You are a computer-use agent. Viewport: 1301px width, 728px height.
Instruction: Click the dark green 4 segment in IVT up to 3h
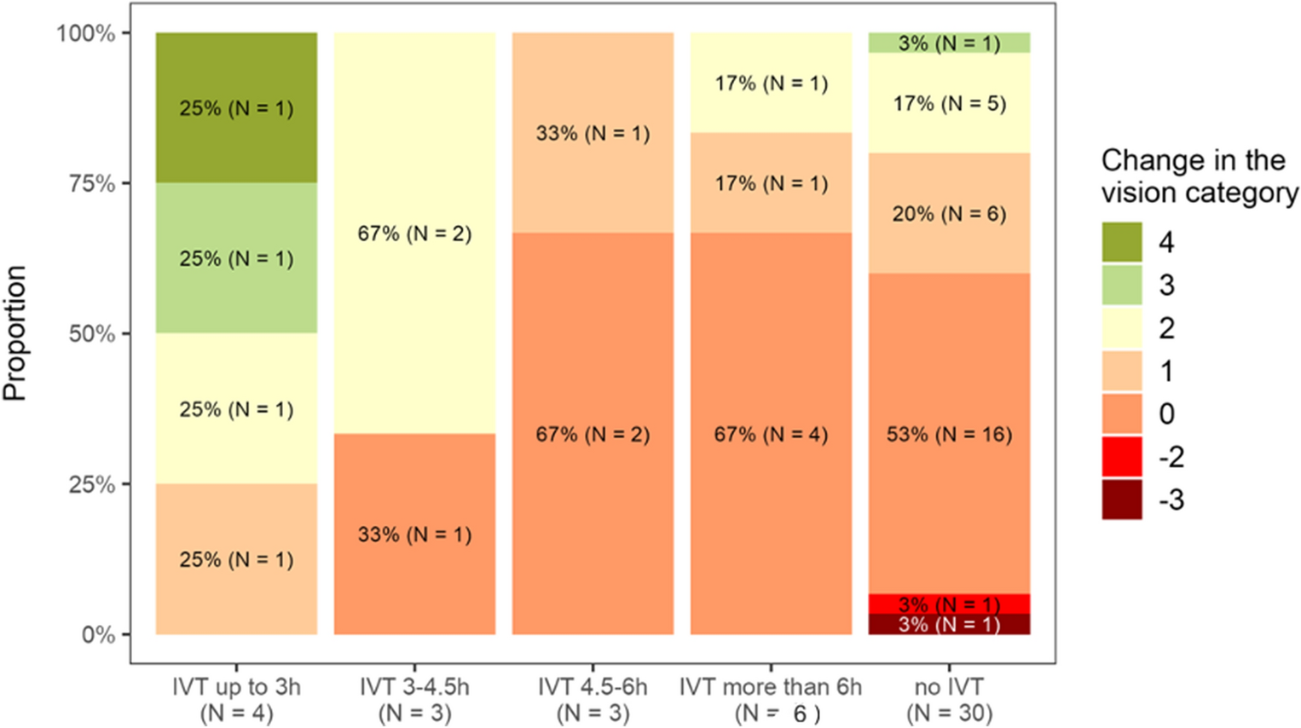coord(236,107)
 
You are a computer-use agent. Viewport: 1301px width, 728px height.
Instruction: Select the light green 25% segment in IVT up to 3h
coord(236,257)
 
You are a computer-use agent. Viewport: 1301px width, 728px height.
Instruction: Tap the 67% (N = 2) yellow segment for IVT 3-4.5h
coord(414,233)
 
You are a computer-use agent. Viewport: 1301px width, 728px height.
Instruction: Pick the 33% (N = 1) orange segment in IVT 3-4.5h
coord(414,534)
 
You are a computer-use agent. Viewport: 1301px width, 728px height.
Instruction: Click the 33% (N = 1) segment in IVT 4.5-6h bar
coord(593,133)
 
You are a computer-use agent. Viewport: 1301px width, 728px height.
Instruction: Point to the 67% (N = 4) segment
coord(771,434)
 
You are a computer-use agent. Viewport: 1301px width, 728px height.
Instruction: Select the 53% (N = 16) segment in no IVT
coord(949,434)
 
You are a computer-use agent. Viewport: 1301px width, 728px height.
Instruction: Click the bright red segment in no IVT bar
coord(949,604)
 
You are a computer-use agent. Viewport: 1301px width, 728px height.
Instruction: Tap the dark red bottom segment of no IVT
coord(949,625)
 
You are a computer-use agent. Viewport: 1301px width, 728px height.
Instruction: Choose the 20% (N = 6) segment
coord(949,213)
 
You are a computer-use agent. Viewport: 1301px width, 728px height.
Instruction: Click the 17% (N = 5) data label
coord(949,103)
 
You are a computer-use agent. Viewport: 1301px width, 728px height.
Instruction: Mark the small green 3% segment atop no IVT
coord(949,43)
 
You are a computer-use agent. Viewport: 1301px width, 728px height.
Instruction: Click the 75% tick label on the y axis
coord(91,183)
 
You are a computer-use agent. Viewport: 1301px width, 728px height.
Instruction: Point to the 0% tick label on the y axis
coord(98,635)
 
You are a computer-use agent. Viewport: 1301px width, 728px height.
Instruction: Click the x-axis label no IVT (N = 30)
coord(949,700)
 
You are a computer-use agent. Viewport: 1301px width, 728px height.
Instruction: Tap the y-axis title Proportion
coord(15,333)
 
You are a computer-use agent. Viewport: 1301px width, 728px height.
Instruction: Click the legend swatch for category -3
coord(1121,500)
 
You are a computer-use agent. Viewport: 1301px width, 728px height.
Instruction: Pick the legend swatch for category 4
coord(1121,242)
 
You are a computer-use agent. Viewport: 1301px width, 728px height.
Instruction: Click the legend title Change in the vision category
coord(1199,176)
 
